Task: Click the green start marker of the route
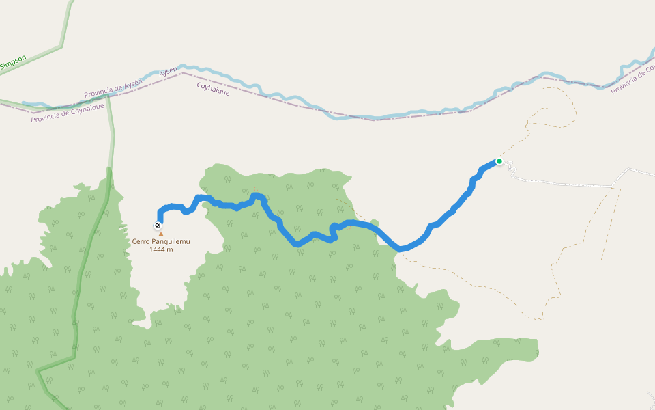point(499,161)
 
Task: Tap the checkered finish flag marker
point(158,225)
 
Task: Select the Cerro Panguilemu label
point(161,242)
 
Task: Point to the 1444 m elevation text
point(161,250)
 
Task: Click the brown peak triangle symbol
point(161,234)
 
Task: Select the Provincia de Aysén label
point(113,88)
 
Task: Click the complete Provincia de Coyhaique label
point(68,113)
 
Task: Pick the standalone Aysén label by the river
point(168,71)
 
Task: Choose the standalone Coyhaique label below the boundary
point(213,89)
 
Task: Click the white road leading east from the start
point(566,182)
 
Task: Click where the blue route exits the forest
point(397,249)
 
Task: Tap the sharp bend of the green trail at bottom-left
point(39,370)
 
